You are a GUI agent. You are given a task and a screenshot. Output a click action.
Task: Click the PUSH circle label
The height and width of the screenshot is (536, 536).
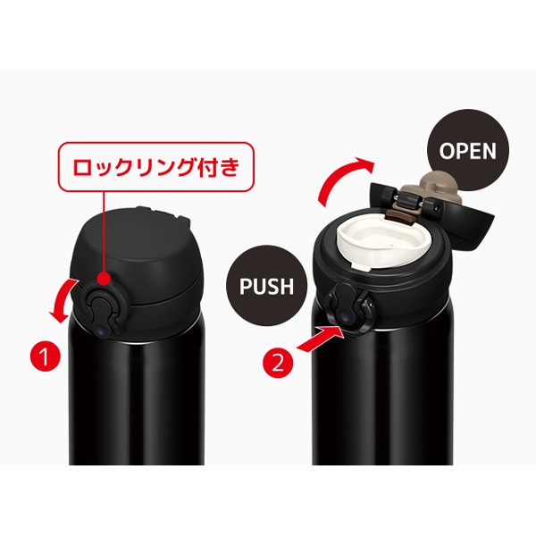point(266,286)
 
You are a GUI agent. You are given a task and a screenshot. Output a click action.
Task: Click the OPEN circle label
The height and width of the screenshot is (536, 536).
point(468,150)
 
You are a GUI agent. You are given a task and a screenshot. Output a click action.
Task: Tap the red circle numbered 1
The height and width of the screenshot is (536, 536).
point(46,356)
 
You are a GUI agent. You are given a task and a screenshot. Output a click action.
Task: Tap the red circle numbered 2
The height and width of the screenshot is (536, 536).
point(278,363)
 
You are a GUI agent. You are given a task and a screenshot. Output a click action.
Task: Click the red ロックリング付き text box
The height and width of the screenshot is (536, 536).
point(155,166)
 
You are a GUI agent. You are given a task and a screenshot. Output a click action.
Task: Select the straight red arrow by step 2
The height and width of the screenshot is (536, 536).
point(320,339)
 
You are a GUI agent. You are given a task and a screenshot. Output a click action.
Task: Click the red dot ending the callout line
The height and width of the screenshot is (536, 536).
point(104,278)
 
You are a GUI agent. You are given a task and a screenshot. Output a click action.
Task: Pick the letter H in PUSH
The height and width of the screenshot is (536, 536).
point(287,286)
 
